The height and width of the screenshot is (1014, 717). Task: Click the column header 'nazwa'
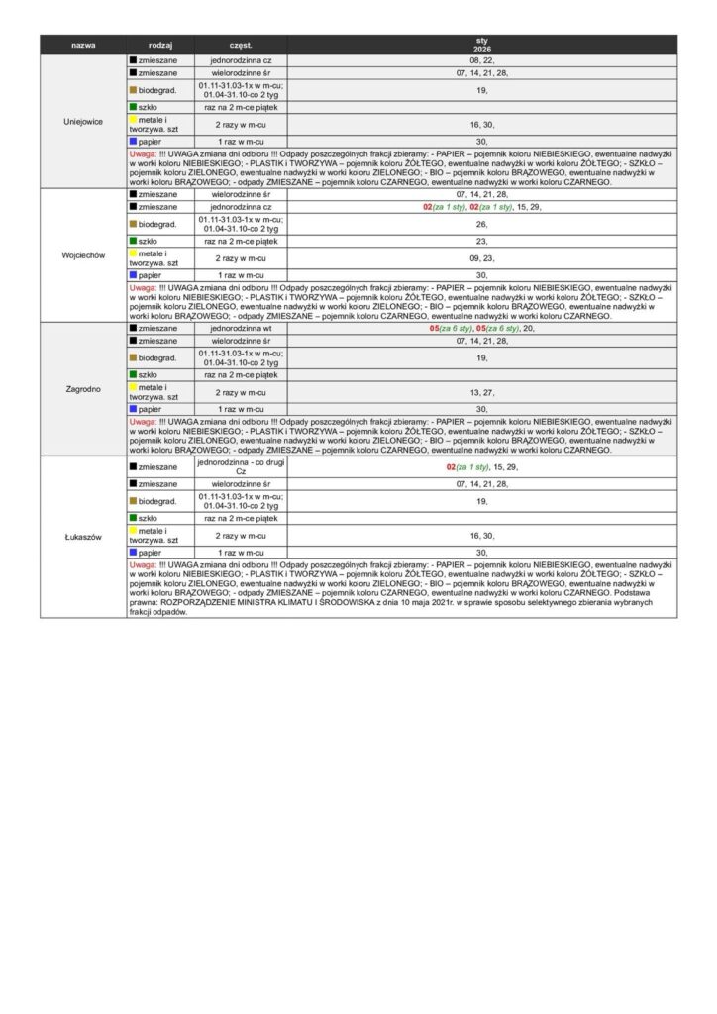click(x=83, y=46)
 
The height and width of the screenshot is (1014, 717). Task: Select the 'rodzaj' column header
click(x=160, y=46)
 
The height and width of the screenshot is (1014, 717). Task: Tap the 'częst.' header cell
click(x=241, y=46)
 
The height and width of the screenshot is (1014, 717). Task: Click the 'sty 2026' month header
click(x=481, y=45)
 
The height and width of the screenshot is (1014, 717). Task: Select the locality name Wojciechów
click(x=83, y=254)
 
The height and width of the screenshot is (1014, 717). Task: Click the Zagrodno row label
click(x=83, y=390)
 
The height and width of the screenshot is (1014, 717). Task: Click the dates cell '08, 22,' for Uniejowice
click(x=481, y=60)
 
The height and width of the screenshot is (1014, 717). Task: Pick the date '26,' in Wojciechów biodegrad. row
click(x=481, y=224)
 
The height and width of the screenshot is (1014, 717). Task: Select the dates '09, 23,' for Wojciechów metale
click(x=481, y=258)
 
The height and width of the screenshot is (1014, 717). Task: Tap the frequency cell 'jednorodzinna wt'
click(x=241, y=327)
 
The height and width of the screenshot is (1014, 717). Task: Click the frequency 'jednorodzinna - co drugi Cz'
click(x=241, y=466)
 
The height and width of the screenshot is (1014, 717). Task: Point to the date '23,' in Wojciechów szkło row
click(x=481, y=241)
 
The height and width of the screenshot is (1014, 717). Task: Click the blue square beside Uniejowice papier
click(x=133, y=142)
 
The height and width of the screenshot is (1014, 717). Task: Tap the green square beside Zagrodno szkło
click(x=133, y=375)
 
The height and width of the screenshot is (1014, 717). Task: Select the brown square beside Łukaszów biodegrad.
click(x=133, y=502)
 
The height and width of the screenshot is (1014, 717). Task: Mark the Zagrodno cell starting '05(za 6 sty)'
click(x=481, y=327)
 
